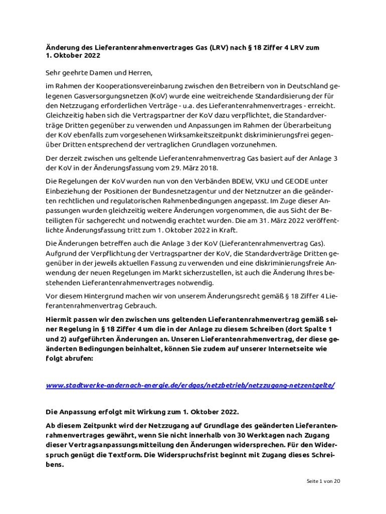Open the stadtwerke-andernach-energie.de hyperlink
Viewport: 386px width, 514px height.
[190, 385]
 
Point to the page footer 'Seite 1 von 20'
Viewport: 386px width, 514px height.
[323, 481]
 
